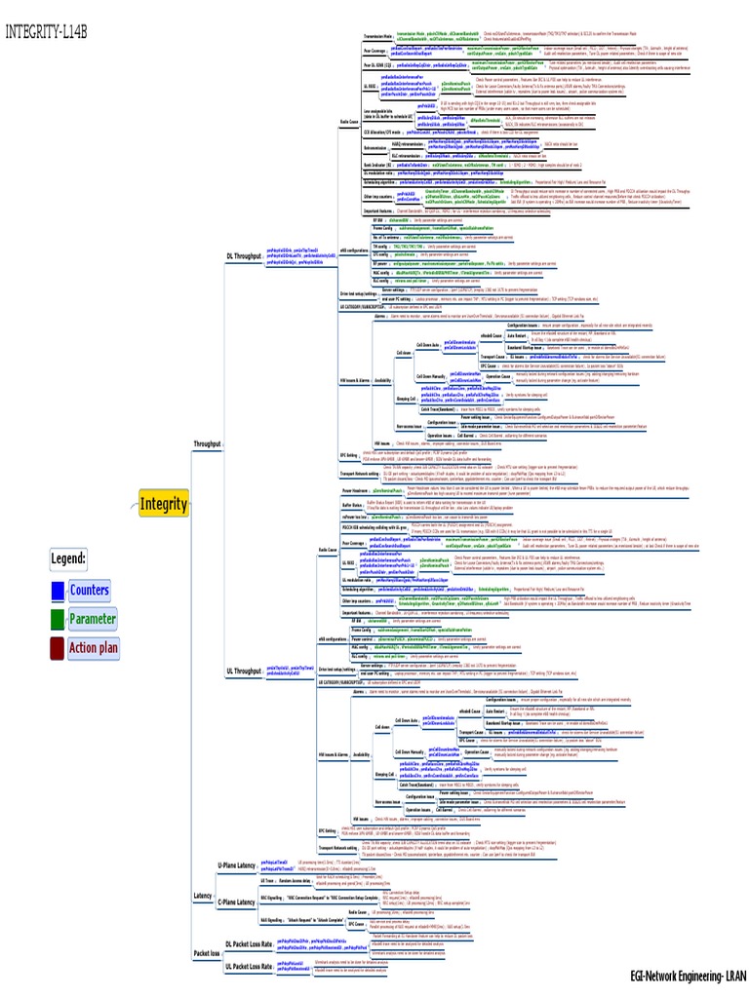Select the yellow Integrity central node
[163, 504]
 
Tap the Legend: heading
[69, 559]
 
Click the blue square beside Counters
[57, 590]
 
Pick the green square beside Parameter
[57, 619]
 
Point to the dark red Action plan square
[57, 648]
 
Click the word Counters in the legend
[90, 590]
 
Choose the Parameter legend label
[93, 619]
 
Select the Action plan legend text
[95, 648]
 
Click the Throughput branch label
[206, 443]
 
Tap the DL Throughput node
[243, 256]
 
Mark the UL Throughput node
[243, 672]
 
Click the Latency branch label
[203, 897]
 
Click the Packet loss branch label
[207, 954]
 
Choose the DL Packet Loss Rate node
[250, 944]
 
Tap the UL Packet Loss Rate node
[250, 966]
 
